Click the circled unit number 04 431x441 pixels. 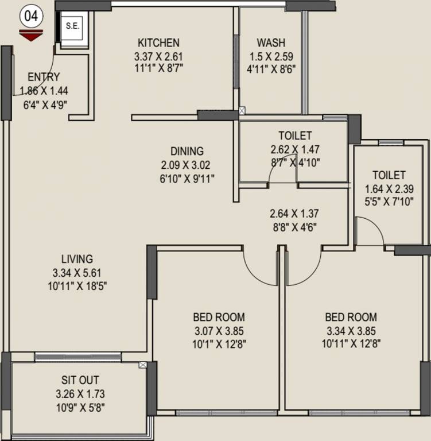click(31, 16)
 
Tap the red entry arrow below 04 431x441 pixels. click(31, 36)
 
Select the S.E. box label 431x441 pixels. click(72, 26)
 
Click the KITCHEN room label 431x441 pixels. click(158, 43)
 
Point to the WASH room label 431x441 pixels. click(271, 43)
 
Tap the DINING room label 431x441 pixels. click(187, 152)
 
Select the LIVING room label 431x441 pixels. click(77, 259)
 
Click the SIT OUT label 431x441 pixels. click(80, 380)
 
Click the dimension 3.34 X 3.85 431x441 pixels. click(351, 331)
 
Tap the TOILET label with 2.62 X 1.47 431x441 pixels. click(295, 136)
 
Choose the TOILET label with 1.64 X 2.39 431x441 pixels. click(389, 175)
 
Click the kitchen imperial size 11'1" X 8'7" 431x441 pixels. click(158, 69)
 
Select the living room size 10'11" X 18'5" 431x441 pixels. click(77, 285)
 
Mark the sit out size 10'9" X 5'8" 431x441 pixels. click(80, 408)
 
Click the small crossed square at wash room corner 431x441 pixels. click(242, 110)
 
